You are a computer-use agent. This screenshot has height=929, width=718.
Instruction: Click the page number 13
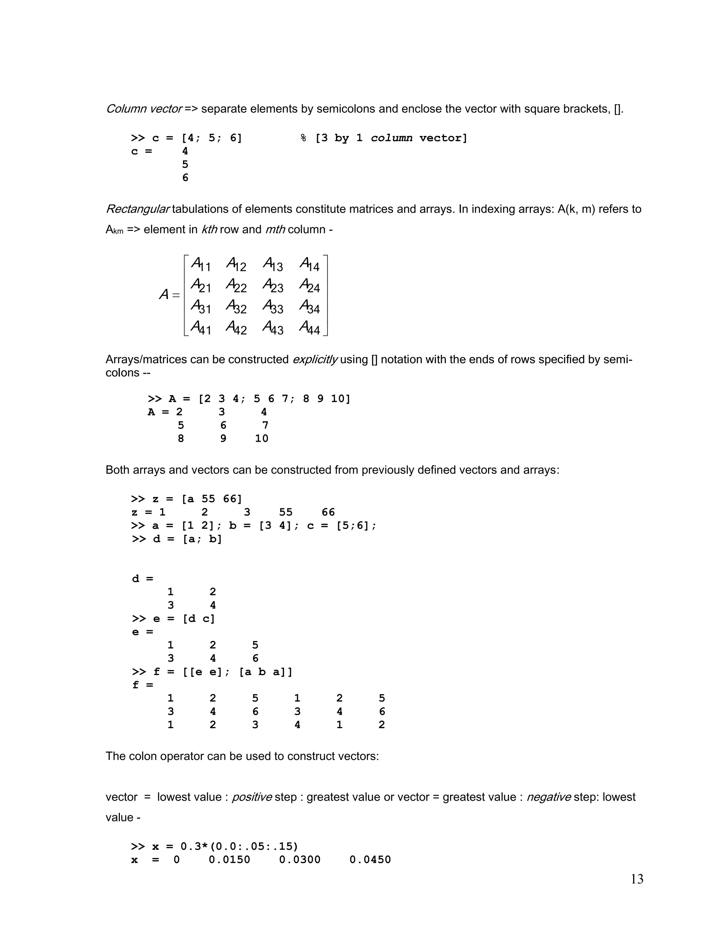coord(637,879)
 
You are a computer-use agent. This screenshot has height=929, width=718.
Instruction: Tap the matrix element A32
coord(236,306)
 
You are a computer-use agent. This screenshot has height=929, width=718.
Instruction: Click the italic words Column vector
coord(144,109)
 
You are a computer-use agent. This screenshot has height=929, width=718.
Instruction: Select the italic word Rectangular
coord(137,209)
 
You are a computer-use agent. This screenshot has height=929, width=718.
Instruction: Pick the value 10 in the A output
coord(262,439)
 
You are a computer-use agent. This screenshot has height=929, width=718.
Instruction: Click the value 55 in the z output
coord(286,512)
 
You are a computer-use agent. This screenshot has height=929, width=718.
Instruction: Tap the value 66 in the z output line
coord(328,512)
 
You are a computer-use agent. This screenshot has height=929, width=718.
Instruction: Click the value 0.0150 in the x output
coord(229,860)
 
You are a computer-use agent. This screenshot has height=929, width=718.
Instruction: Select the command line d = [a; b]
coord(177,539)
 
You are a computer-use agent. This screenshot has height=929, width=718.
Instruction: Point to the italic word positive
coord(252,797)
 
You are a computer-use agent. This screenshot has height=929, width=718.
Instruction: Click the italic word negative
coord(549,797)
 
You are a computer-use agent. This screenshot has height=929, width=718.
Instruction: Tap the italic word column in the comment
coord(391,138)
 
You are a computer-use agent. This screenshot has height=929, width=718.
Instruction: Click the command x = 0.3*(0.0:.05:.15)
coord(215,847)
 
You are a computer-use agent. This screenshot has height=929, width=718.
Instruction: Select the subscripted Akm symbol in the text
coord(114,230)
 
